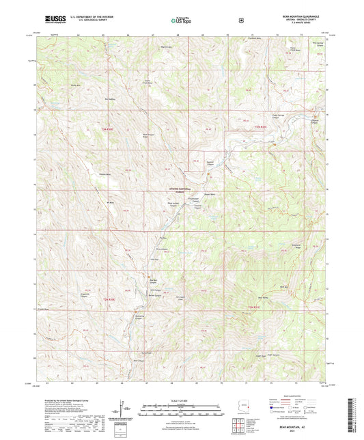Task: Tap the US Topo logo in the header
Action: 181,20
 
